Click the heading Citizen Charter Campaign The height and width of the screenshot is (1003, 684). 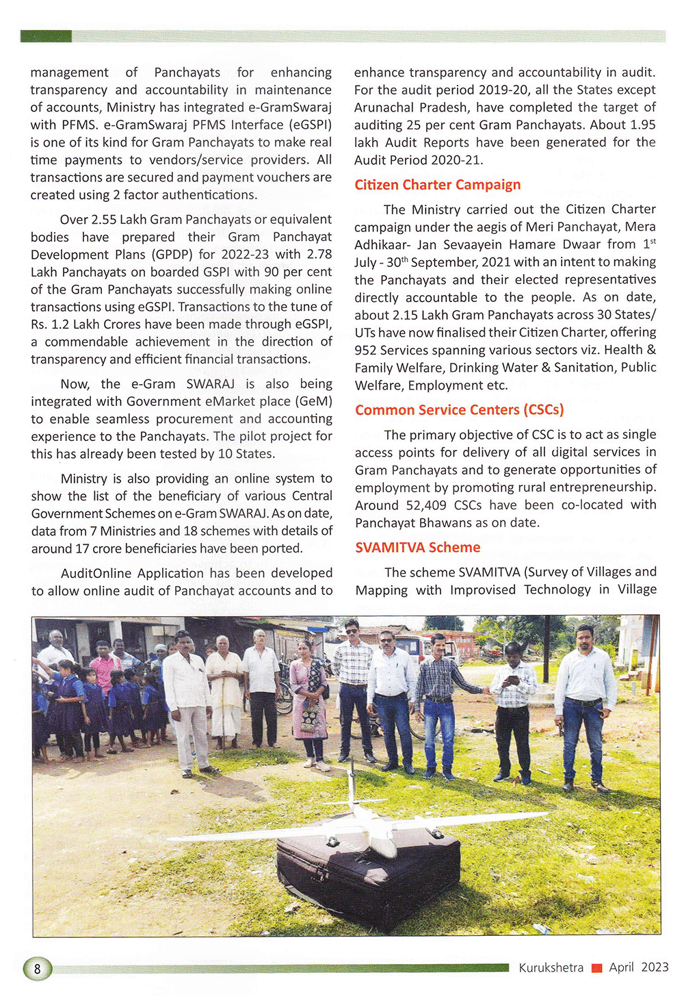[437, 185]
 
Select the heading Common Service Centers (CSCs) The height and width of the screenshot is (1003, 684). [459, 410]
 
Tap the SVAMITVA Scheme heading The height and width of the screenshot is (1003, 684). [417, 548]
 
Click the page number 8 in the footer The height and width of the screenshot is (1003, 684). [38, 968]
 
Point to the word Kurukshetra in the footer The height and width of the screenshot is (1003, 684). [551, 967]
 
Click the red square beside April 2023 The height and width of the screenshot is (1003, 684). [596, 968]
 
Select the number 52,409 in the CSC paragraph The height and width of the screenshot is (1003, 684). [424, 505]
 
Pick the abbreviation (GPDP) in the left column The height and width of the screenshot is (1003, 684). [170, 255]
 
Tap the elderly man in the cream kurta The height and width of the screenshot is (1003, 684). [224, 691]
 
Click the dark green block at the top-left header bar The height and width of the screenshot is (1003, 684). [46, 36]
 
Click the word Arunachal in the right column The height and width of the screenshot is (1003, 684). [383, 107]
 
